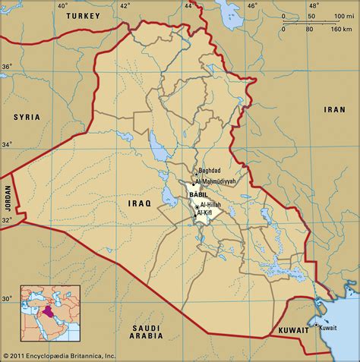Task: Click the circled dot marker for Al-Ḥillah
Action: pyautogui.click(x=197, y=207)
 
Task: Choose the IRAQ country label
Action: pyautogui.click(x=141, y=203)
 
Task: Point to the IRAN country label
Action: pyautogui.click(x=334, y=109)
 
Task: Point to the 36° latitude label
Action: pyautogui.click(x=7, y=67)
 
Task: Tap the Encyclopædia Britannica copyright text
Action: pyautogui.click(x=59, y=355)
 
